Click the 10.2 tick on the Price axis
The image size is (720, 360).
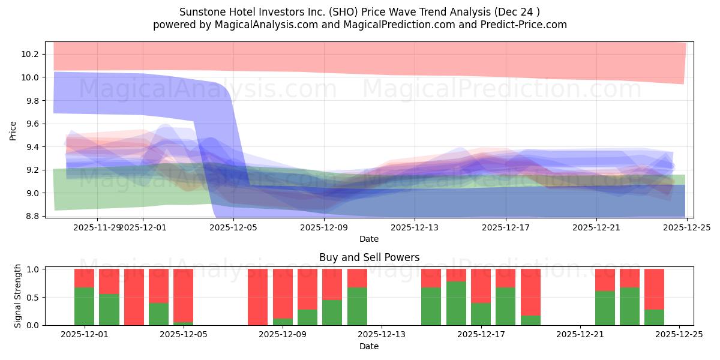point(30,54)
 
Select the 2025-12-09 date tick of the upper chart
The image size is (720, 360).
point(324,228)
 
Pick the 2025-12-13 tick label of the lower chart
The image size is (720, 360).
point(382,335)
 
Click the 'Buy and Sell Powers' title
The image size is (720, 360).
point(368,257)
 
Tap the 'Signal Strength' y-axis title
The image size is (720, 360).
point(18,296)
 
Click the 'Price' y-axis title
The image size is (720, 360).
point(13,130)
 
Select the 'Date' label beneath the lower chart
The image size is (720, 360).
point(368,346)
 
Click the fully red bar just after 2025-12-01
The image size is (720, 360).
point(134,297)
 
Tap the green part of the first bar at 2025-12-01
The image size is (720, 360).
point(84,307)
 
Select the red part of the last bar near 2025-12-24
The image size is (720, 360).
point(654,289)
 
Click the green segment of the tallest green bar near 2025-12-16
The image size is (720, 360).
point(456,304)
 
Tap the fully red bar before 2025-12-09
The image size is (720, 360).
point(257,297)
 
